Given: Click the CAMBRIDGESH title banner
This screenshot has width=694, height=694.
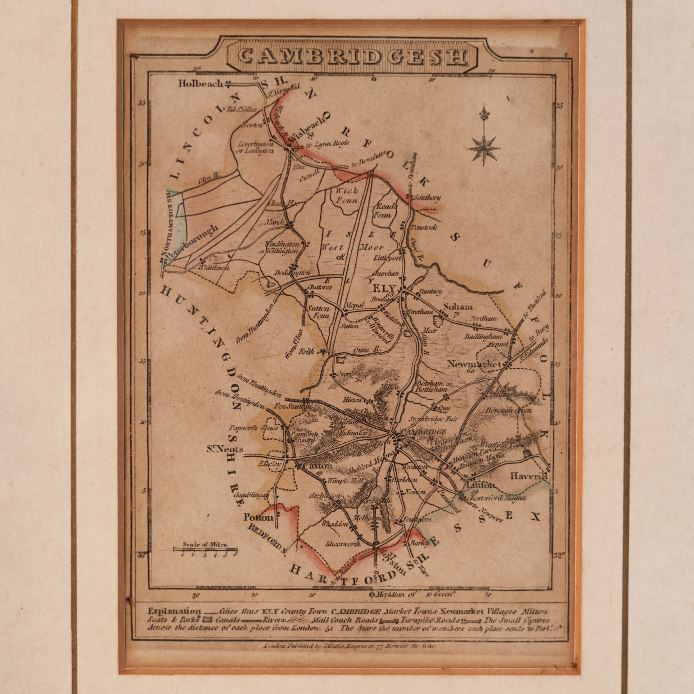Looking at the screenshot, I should [352, 57].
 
